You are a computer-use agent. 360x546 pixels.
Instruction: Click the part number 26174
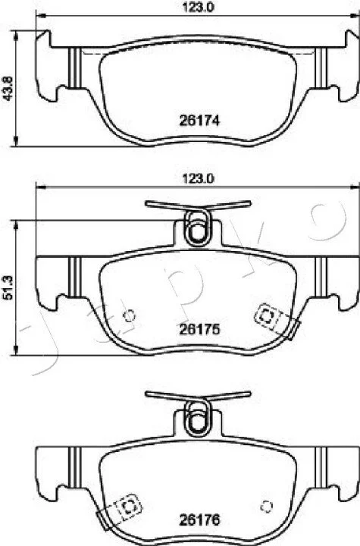pos(199,121)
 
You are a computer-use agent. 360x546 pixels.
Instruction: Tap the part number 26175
pos(199,328)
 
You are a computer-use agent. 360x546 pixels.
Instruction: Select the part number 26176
pos(199,520)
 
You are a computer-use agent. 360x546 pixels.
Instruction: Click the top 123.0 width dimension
pos(198,7)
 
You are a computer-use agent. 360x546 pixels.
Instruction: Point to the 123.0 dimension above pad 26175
pos(198,179)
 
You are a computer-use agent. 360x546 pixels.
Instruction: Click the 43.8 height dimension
pos(8,88)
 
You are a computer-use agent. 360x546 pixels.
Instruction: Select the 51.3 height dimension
pos(8,287)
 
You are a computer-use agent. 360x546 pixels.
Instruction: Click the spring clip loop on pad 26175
pos(198,228)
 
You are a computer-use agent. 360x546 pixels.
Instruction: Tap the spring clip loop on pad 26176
pos(198,418)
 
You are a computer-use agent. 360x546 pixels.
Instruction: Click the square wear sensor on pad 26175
pos(266,316)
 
